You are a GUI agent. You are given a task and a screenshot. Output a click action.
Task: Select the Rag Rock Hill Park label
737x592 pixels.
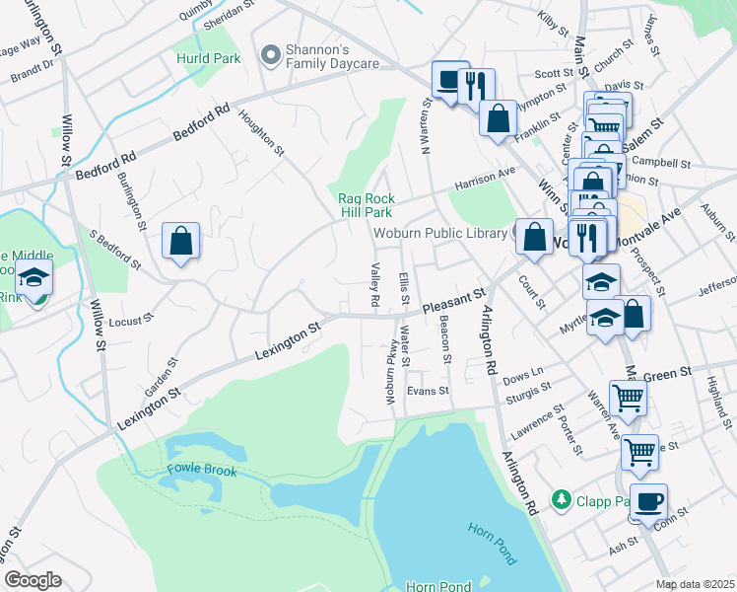(x=367, y=205)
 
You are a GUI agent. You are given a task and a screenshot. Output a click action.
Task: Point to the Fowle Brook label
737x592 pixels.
(x=202, y=471)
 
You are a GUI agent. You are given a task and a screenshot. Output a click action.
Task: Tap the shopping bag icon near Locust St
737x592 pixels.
(x=181, y=241)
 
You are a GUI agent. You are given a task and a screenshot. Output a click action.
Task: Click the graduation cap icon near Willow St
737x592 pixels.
(x=34, y=279)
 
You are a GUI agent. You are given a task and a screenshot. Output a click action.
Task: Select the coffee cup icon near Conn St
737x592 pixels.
(x=649, y=501)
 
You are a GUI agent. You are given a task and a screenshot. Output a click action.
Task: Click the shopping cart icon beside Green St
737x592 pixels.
(x=628, y=399)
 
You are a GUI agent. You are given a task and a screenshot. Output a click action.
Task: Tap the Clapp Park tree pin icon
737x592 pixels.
(x=563, y=499)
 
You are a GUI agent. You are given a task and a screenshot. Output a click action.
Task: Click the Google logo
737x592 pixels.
(x=33, y=580)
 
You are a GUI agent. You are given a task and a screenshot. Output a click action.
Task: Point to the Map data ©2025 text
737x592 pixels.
(x=695, y=583)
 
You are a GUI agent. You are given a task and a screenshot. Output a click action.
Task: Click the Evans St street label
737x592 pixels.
(x=428, y=391)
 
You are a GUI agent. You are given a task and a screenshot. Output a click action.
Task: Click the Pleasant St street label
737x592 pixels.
(x=454, y=300)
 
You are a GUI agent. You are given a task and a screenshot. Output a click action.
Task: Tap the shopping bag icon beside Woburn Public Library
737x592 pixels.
(x=533, y=237)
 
